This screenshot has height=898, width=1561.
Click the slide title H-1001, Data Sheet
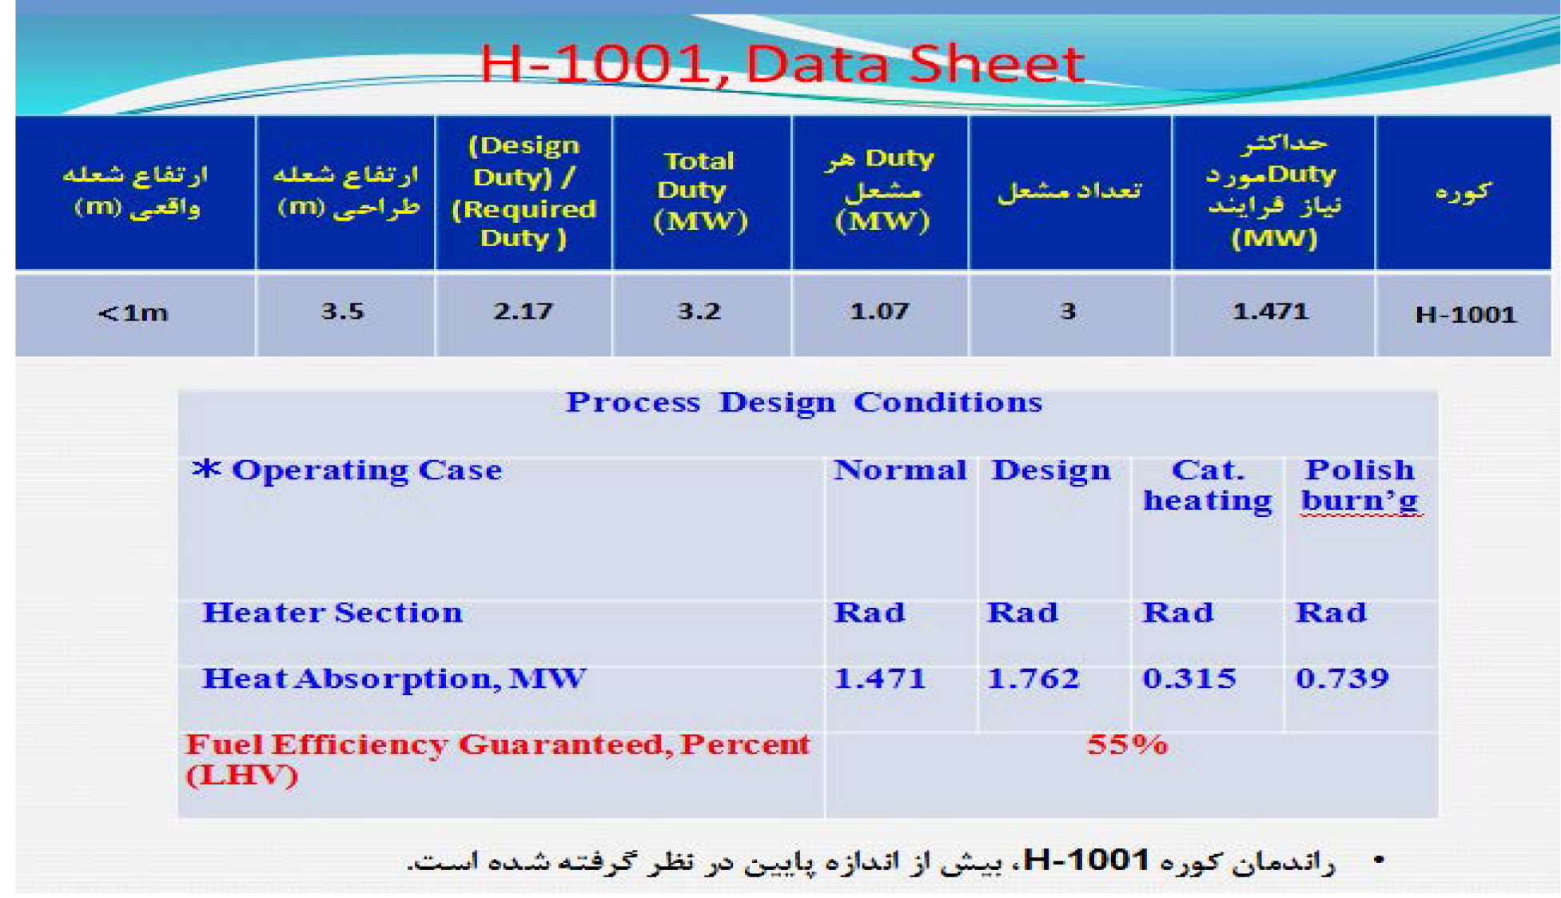[781, 64]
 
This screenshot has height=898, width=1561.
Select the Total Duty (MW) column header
[700, 191]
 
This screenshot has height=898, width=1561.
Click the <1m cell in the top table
[133, 312]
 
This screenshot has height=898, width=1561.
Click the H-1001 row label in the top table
[1465, 314]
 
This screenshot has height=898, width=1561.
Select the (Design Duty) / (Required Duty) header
[524, 192]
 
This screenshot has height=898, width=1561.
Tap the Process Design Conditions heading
[804, 402]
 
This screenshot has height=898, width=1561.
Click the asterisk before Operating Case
[206, 468]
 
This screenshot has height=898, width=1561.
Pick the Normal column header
[900, 470]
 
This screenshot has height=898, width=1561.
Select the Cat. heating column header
[1208, 485]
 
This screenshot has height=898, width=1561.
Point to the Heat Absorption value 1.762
[1033, 678]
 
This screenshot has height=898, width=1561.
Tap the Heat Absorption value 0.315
[1189, 678]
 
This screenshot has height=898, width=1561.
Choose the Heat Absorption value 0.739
[1343, 678]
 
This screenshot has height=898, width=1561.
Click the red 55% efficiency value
[1127, 745]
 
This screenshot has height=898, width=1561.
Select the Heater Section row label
[333, 612]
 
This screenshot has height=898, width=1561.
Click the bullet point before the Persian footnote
[1379, 860]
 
